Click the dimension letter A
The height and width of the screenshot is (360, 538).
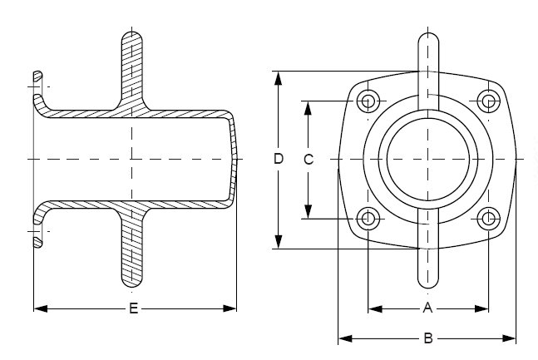[428, 308]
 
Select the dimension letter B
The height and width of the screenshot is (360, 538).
[428, 338]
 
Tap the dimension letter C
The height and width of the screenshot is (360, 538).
[308, 160]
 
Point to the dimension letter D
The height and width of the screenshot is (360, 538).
[279, 159]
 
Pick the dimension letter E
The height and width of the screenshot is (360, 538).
[133, 308]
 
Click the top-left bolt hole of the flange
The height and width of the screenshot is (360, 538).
[368, 101]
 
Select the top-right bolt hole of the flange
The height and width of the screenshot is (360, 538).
[489, 101]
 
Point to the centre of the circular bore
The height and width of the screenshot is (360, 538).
[427, 159]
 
